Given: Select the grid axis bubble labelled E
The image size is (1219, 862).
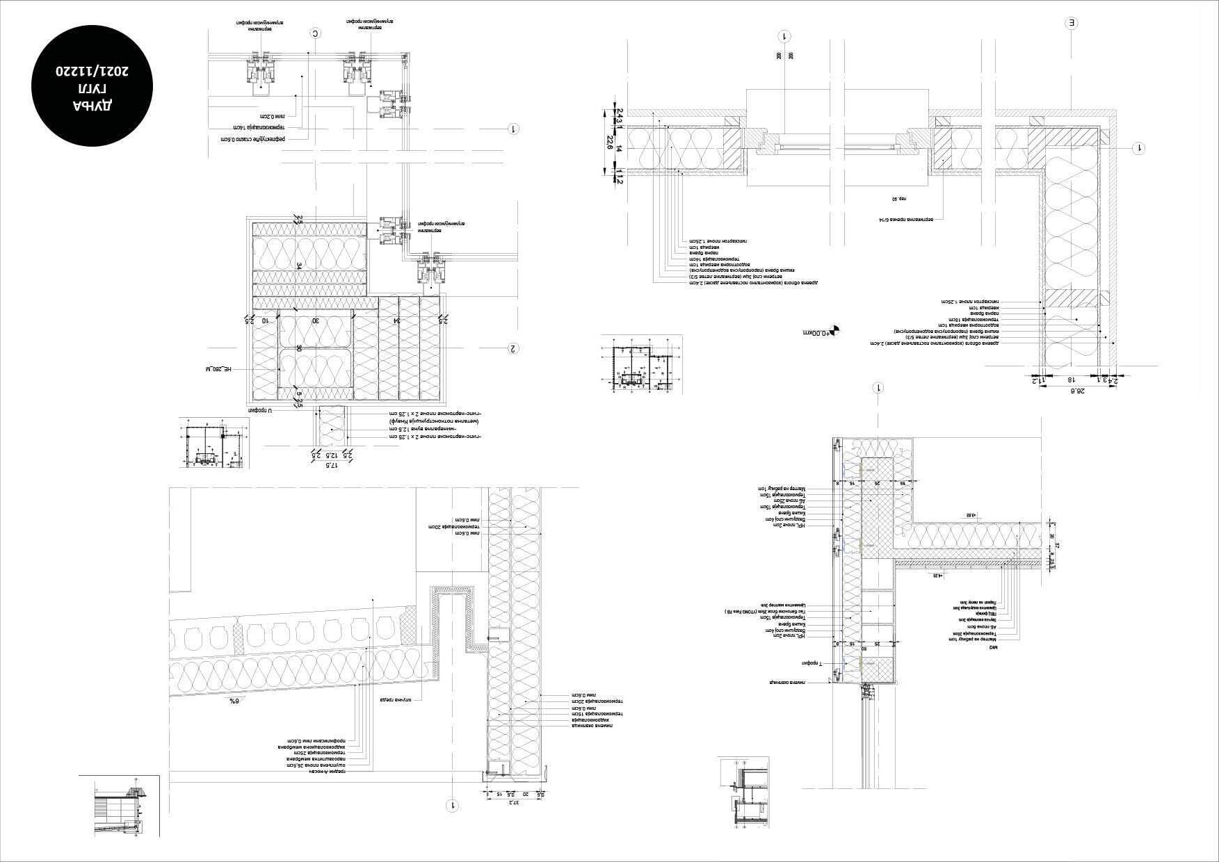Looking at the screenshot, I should point(1072,23).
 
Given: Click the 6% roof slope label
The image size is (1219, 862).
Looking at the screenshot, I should point(234,701).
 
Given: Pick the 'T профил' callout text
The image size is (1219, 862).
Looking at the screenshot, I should point(811,665).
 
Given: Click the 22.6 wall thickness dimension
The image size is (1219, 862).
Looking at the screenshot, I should point(610,143).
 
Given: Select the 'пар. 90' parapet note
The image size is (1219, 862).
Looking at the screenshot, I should point(899,199).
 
